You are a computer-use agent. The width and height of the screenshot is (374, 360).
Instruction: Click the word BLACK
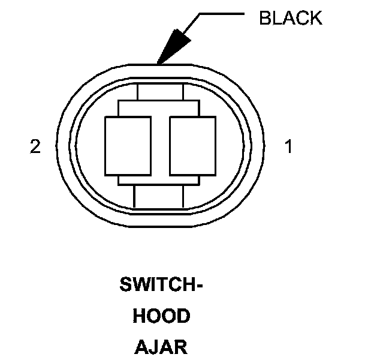tap(291, 18)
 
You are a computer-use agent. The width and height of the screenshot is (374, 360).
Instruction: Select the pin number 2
tap(35, 146)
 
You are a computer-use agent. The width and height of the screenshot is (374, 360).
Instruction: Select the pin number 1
tap(288, 146)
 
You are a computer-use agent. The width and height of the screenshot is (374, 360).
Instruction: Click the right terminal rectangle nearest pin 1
tap(192, 146)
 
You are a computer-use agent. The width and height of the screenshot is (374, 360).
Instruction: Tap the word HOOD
tap(161, 316)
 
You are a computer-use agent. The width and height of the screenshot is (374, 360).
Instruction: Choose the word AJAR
tap(161, 347)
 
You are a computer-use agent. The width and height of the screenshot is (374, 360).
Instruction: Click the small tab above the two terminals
tap(160, 92)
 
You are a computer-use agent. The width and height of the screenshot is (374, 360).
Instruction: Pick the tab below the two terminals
tap(158, 196)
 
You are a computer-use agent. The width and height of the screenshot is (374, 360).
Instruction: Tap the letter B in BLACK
tap(265, 18)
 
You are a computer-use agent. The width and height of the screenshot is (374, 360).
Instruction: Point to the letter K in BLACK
tap(316, 18)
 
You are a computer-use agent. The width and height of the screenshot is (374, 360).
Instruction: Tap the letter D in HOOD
tap(183, 316)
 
